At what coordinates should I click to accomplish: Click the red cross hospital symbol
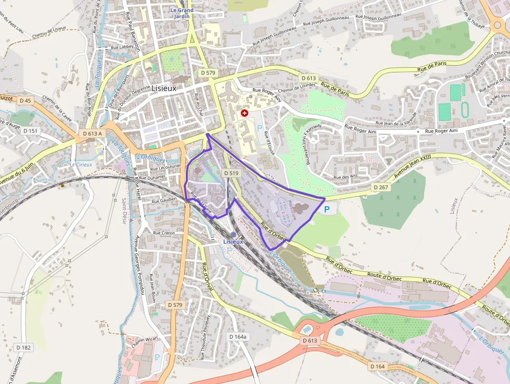(245, 113)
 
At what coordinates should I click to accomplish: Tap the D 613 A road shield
(92, 134)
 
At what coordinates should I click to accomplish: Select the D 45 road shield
(25, 100)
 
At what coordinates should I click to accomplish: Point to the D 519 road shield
(231, 173)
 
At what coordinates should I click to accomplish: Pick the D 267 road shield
(380, 187)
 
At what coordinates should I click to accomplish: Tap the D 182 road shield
(23, 348)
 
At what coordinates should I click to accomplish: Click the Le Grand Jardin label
(182, 13)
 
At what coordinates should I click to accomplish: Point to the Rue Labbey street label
(122, 47)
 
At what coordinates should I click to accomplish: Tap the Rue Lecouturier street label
(165, 168)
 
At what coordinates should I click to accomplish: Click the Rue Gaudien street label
(165, 200)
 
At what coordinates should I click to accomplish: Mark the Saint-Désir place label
(125, 208)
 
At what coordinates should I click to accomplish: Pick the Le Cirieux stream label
(81, 165)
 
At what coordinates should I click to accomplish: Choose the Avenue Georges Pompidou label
(138, 255)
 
